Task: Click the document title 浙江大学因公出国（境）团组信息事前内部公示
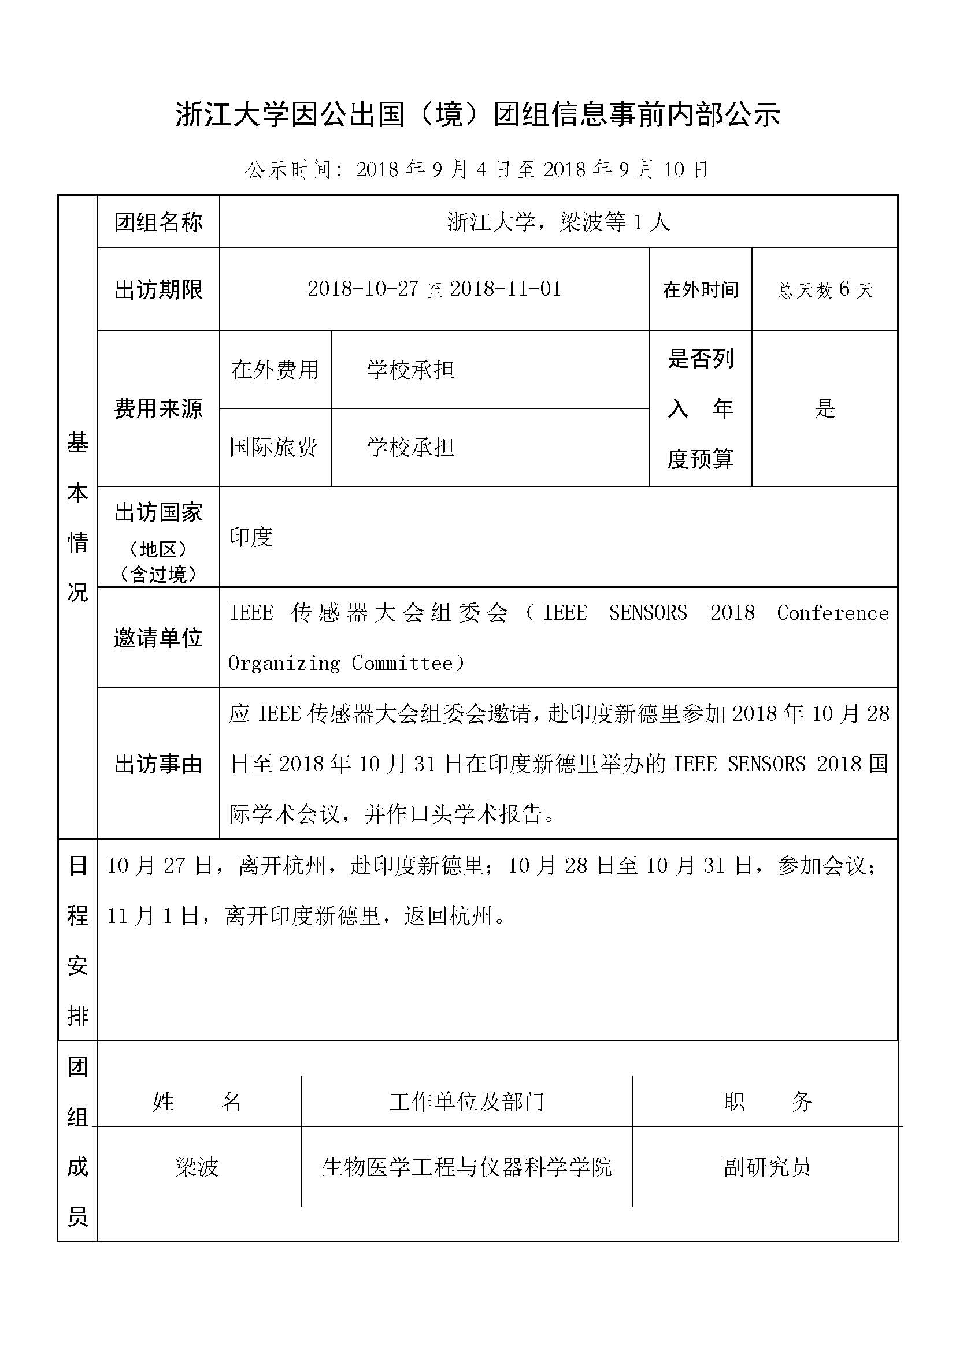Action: [x=477, y=115]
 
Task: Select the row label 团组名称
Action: [x=158, y=222]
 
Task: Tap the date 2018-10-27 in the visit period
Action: [x=362, y=289]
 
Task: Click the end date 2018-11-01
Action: [x=505, y=289]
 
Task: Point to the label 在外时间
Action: [x=701, y=289]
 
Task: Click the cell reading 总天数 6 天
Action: [x=825, y=289]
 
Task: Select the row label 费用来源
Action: [x=158, y=408]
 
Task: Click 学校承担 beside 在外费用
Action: [x=410, y=370]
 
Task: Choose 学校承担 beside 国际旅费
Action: [x=410, y=447]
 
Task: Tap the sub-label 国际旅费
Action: [x=274, y=447]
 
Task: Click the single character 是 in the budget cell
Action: [x=825, y=408]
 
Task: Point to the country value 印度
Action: [x=251, y=537]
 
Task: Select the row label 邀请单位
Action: [x=158, y=638]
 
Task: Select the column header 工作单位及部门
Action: [x=467, y=1101]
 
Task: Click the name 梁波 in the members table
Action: [x=197, y=1167]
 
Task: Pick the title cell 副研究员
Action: [x=767, y=1167]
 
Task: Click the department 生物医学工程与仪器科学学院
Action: [x=467, y=1167]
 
